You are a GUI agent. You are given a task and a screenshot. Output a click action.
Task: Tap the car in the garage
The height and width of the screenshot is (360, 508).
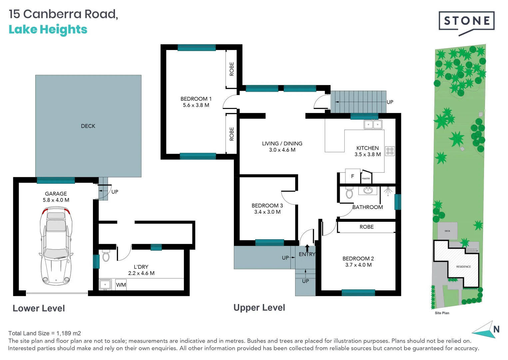[56, 246]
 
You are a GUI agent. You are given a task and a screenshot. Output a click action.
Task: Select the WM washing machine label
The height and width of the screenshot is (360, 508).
[121, 285]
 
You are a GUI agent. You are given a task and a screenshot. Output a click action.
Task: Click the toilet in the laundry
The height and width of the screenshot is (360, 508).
[106, 256]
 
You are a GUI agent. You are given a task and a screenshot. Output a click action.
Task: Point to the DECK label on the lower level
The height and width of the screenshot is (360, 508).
[88, 126]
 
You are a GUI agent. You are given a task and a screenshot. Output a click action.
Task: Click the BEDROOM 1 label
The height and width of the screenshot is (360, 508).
[196, 99]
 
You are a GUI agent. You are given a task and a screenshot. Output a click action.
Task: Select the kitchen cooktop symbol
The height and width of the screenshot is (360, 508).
[390, 151]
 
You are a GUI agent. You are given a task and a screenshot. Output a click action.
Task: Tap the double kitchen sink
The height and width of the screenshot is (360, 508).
[373, 125]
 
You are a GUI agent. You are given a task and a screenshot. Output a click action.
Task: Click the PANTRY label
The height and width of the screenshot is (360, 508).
[366, 178]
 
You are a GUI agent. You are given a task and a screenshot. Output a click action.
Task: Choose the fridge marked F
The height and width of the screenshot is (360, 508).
[352, 176]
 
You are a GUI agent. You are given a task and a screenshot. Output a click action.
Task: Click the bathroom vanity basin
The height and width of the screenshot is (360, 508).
[368, 190]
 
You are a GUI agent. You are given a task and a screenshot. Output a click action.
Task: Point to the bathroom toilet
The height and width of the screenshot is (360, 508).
[349, 193]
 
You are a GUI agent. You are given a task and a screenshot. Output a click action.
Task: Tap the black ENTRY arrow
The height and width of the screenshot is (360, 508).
[307, 248]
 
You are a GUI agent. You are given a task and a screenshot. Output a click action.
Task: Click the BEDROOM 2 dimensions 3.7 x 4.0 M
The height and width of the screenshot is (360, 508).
[358, 265]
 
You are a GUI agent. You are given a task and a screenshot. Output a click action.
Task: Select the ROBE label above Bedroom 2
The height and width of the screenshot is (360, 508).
[366, 227]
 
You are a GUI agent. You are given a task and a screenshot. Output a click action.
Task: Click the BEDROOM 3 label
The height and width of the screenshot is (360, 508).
[267, 206]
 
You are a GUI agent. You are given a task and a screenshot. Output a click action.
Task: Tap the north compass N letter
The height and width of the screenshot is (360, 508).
[496, 329]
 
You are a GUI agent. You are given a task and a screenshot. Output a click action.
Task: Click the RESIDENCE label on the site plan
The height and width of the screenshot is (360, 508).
[463, 267]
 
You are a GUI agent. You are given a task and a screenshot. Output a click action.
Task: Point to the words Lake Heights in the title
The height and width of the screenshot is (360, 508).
[48, 30]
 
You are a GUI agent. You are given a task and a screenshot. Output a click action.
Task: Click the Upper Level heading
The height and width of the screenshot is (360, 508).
[259, 308]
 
